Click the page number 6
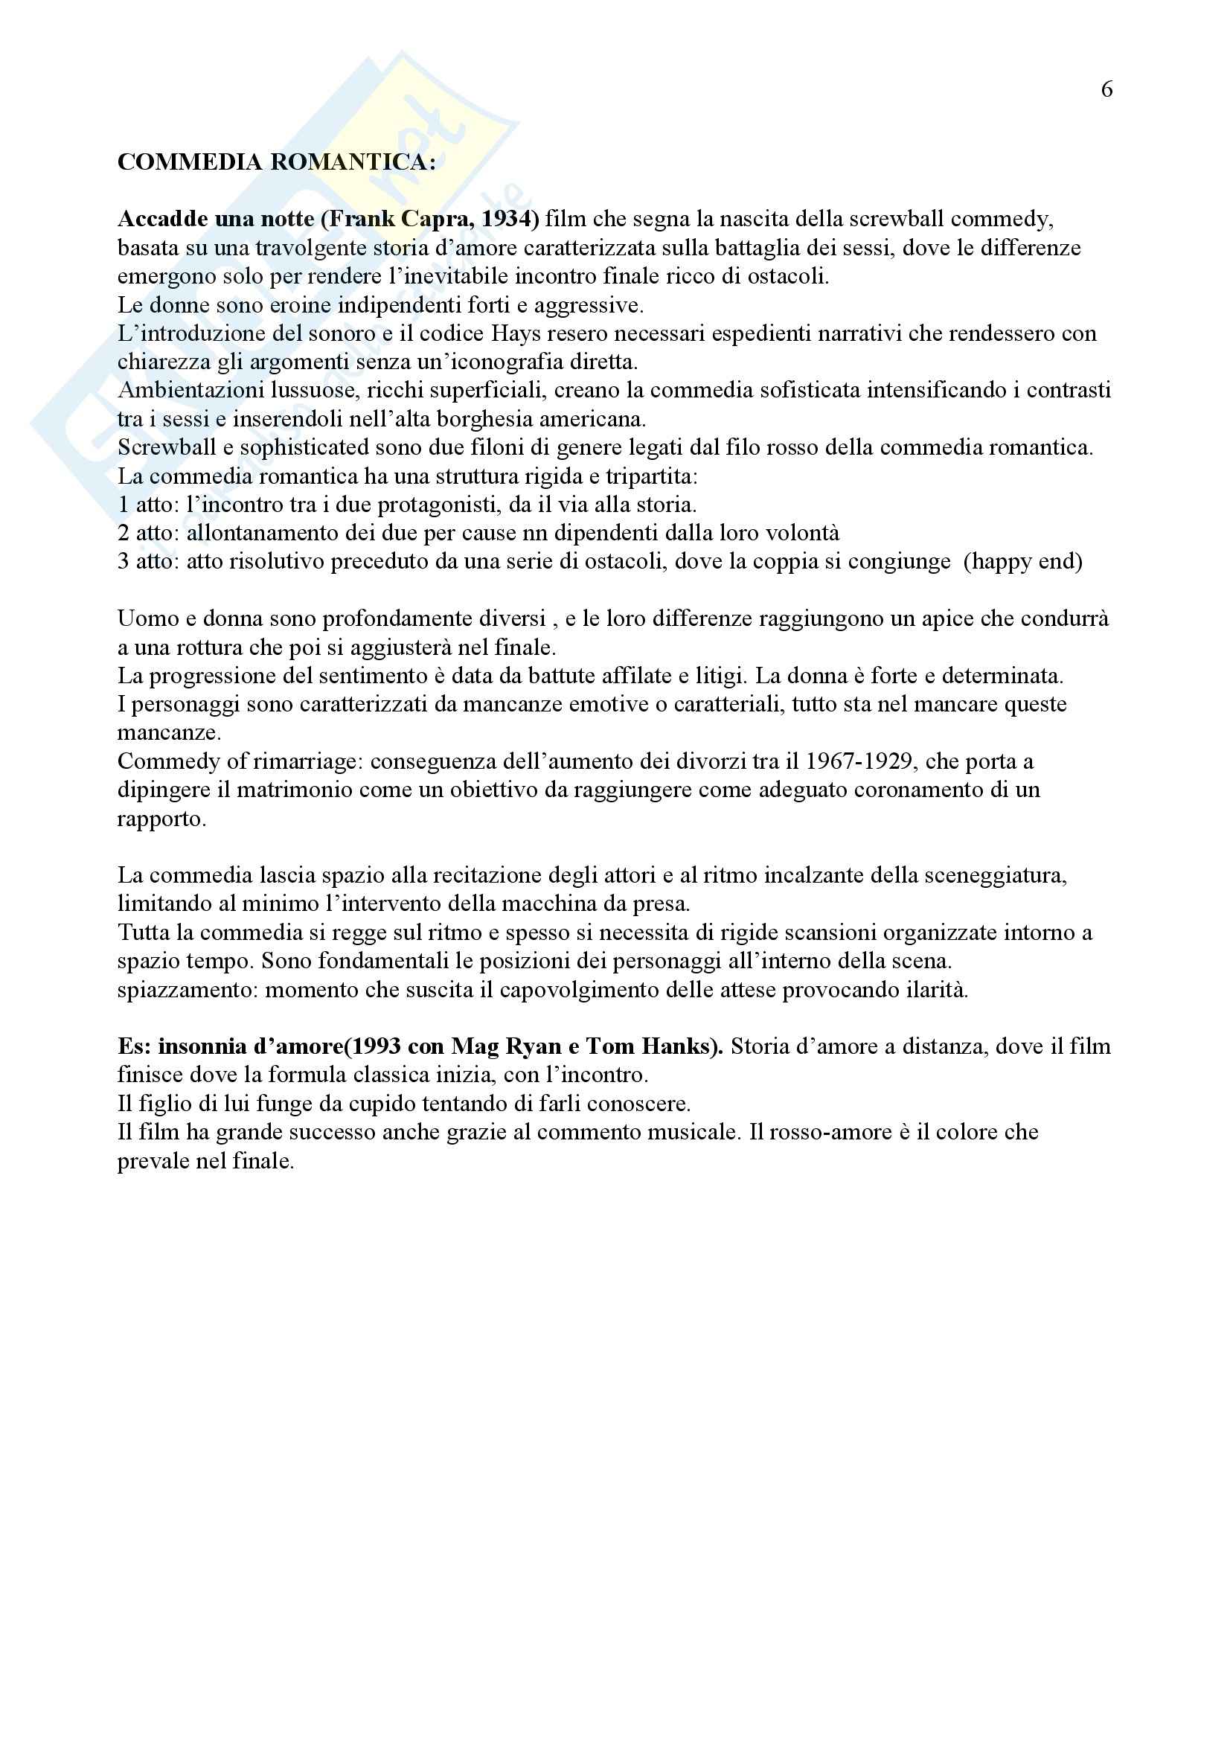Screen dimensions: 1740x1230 coord(1106,90)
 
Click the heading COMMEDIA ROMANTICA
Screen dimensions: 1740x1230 coord(277,162)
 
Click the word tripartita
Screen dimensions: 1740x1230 coord(651,477)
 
